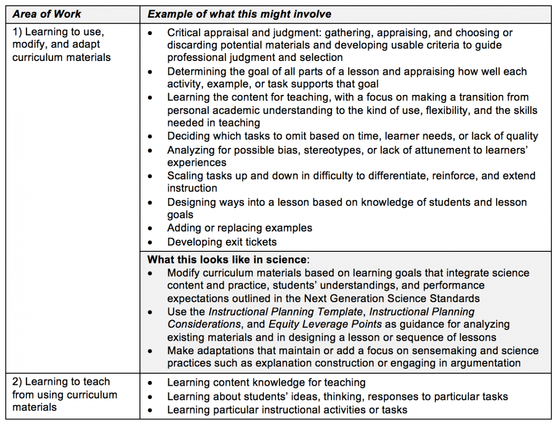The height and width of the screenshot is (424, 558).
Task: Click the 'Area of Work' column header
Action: (x=46, y=14)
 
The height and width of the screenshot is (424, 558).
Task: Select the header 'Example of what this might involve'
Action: (x=239, y=14)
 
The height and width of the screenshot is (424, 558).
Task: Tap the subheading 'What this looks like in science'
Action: (x=227, y=260)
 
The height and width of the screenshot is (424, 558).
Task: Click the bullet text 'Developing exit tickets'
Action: (x=222, y=242)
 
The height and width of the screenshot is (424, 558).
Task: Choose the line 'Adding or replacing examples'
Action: (x=239, y=228)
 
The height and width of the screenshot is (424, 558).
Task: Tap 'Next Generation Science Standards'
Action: (x=392, y=298)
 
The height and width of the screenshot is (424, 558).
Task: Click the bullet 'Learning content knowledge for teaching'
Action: (x=266, y=383)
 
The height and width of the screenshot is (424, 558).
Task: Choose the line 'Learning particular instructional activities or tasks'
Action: (x=287, y=410)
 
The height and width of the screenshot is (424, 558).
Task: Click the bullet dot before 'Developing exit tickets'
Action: (x=150, y=242)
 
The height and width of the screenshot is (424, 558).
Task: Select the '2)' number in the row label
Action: (x=18, y=382)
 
